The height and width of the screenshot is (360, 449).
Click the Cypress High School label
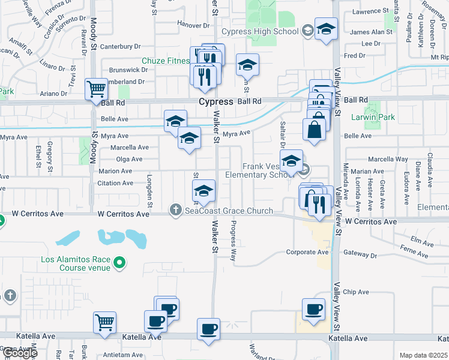(259, 31)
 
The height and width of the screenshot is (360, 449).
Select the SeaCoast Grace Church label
(229, 211)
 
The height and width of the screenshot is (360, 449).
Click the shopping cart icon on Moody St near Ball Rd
(96, 89)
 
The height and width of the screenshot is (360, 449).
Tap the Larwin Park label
(373, 118)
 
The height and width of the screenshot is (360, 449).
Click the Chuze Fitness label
(166, 61)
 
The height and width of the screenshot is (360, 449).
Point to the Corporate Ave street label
(307, 253)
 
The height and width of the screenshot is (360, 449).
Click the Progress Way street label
(234, 240)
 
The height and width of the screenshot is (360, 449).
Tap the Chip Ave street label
(355, 292)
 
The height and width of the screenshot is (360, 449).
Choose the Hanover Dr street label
(194, 25)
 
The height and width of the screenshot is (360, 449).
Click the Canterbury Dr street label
(120, 46)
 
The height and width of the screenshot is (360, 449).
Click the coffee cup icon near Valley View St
(313, 310)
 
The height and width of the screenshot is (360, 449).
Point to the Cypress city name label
(216, 102)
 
